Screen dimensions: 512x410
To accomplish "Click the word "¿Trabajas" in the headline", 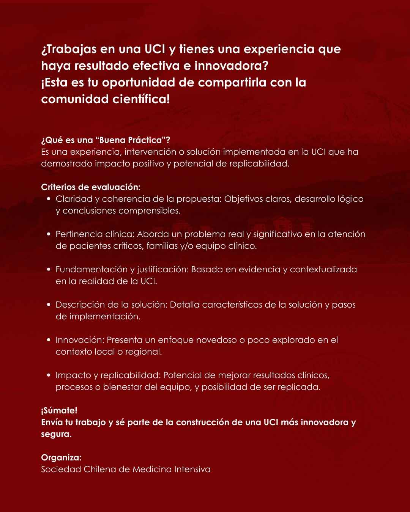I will click(68, 49).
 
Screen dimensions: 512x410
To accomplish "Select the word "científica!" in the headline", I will click(141, 99).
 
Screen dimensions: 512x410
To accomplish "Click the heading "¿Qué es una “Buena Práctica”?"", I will click(106, 140).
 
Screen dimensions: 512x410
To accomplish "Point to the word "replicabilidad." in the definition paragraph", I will click(259, 164).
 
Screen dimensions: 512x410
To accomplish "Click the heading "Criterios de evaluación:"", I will click(91, 187).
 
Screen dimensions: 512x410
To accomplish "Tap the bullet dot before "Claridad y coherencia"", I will click(49, 199).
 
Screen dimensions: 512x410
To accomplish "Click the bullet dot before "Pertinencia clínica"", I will click(49, 234).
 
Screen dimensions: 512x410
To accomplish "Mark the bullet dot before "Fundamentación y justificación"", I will click(49, 269).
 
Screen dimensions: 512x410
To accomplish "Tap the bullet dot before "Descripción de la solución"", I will click(49, 305).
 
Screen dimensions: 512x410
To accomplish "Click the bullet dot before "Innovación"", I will click(49, 340).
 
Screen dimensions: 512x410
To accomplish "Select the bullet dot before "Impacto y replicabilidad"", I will click(49, 375).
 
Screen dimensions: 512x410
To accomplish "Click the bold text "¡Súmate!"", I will click(59, 410).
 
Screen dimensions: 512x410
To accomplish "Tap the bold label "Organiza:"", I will click(61, 457).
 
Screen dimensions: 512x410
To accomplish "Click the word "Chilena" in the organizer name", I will click(99, 469).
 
